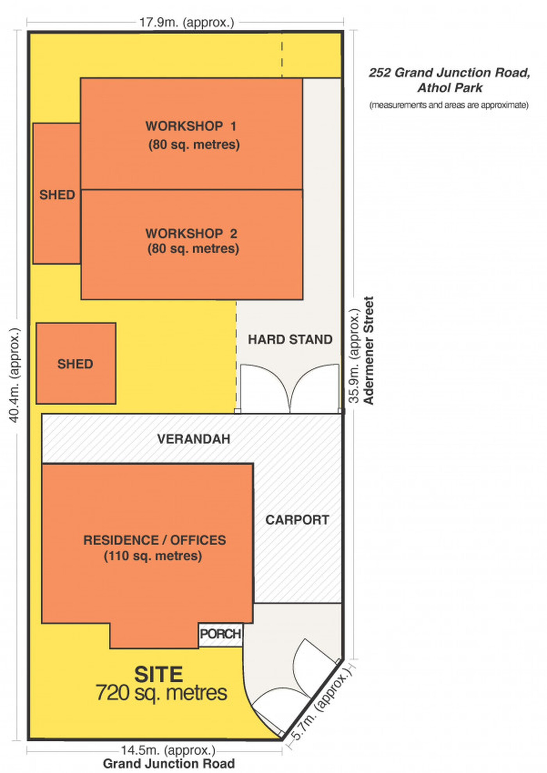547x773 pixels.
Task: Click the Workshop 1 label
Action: (x=191, y=126)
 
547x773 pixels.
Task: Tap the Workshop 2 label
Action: (x=191, y=233)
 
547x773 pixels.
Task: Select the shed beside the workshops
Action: (x=57, y=194)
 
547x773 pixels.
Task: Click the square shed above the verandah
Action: (x=76, y=363)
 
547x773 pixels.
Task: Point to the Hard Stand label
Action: (x=290, y=339)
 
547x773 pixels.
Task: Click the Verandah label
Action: (x=194, y=439)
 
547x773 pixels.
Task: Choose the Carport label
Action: (x=297, y=520)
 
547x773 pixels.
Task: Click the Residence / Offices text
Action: (x=155, y=540)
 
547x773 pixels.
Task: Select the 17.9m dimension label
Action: (x=187, y=22)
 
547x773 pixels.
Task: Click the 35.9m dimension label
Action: (x=354, y=356)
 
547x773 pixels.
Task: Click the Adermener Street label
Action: (x=368, y=350)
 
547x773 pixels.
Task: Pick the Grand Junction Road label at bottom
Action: (x=169, y=763)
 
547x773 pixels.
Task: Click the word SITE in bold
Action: (x=159, y=674)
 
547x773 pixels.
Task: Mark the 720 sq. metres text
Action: (x=161, y=693)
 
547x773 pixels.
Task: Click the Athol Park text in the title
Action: (x=450, y=87)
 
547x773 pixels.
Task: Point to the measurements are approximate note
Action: (x=449, y=105)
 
